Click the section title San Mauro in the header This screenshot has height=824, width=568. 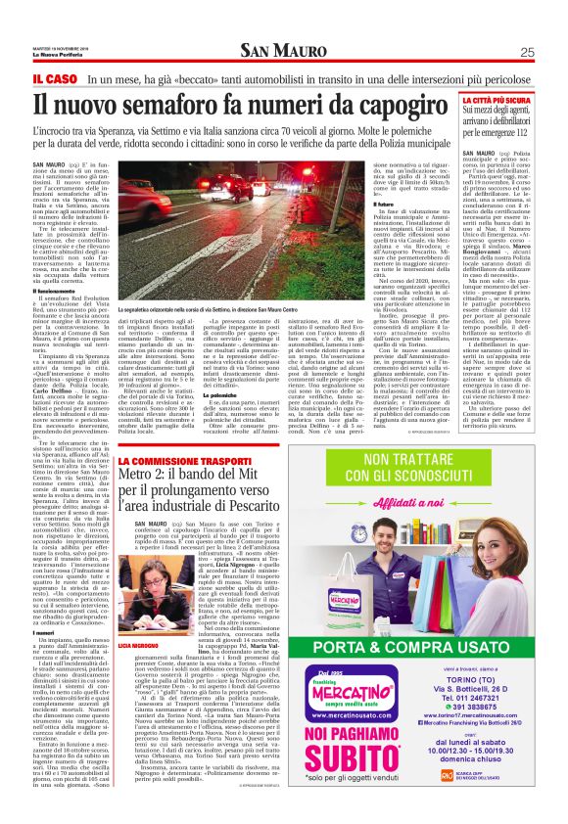(283, 24)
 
